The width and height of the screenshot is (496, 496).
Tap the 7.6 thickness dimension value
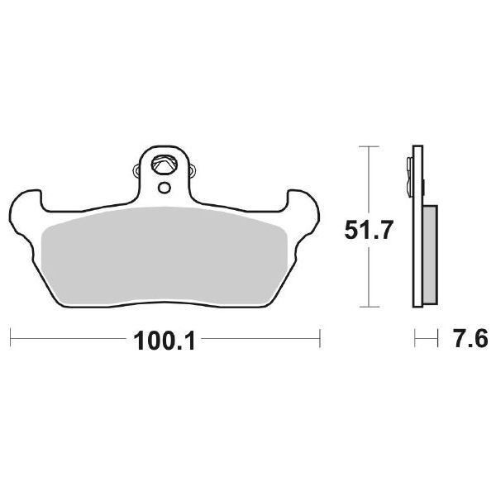click(x=465, y=340)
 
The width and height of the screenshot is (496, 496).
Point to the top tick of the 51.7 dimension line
click(x=367, y=147)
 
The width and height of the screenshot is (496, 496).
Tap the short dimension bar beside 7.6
click(x=425, y=338)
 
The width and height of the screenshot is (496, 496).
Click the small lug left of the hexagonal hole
click(x=136, y=172)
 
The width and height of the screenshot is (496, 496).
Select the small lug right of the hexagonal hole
click(x=193, y=172)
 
